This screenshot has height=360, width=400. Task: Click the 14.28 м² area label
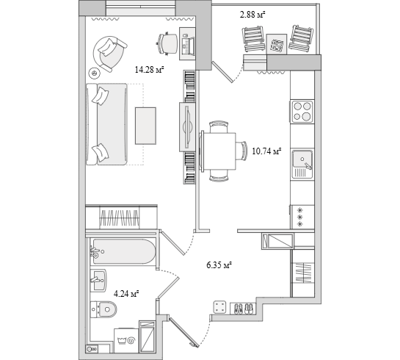coord(149,70)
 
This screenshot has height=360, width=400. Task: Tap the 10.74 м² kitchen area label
coord(266,151)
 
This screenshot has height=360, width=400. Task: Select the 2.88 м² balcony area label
coord(252,15)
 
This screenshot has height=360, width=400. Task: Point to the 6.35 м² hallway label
coord(219,265)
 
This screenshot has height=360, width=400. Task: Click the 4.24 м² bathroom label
coord(126,294)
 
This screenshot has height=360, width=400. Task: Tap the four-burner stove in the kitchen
coord(302,112)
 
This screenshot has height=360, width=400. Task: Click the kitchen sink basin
coord(302,159)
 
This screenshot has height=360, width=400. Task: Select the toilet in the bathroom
coord(103,309)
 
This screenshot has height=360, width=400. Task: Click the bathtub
coord(123,252)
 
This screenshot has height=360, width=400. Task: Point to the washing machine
coord(126,340)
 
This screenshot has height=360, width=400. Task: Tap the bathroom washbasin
coord(98,280)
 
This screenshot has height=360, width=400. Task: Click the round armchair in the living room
coord(110,54)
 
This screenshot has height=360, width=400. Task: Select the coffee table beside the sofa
coord(145,126)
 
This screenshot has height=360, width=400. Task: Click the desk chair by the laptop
coord(167,44)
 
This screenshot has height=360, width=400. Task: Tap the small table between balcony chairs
coord(277,44)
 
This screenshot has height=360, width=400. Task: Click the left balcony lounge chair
coord(253,39)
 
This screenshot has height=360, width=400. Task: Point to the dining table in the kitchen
coord(219,151)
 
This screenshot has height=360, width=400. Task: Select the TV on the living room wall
coord(188,126)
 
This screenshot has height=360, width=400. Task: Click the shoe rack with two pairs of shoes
coord(243,308)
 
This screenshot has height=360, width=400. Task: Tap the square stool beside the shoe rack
coord(220,307)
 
